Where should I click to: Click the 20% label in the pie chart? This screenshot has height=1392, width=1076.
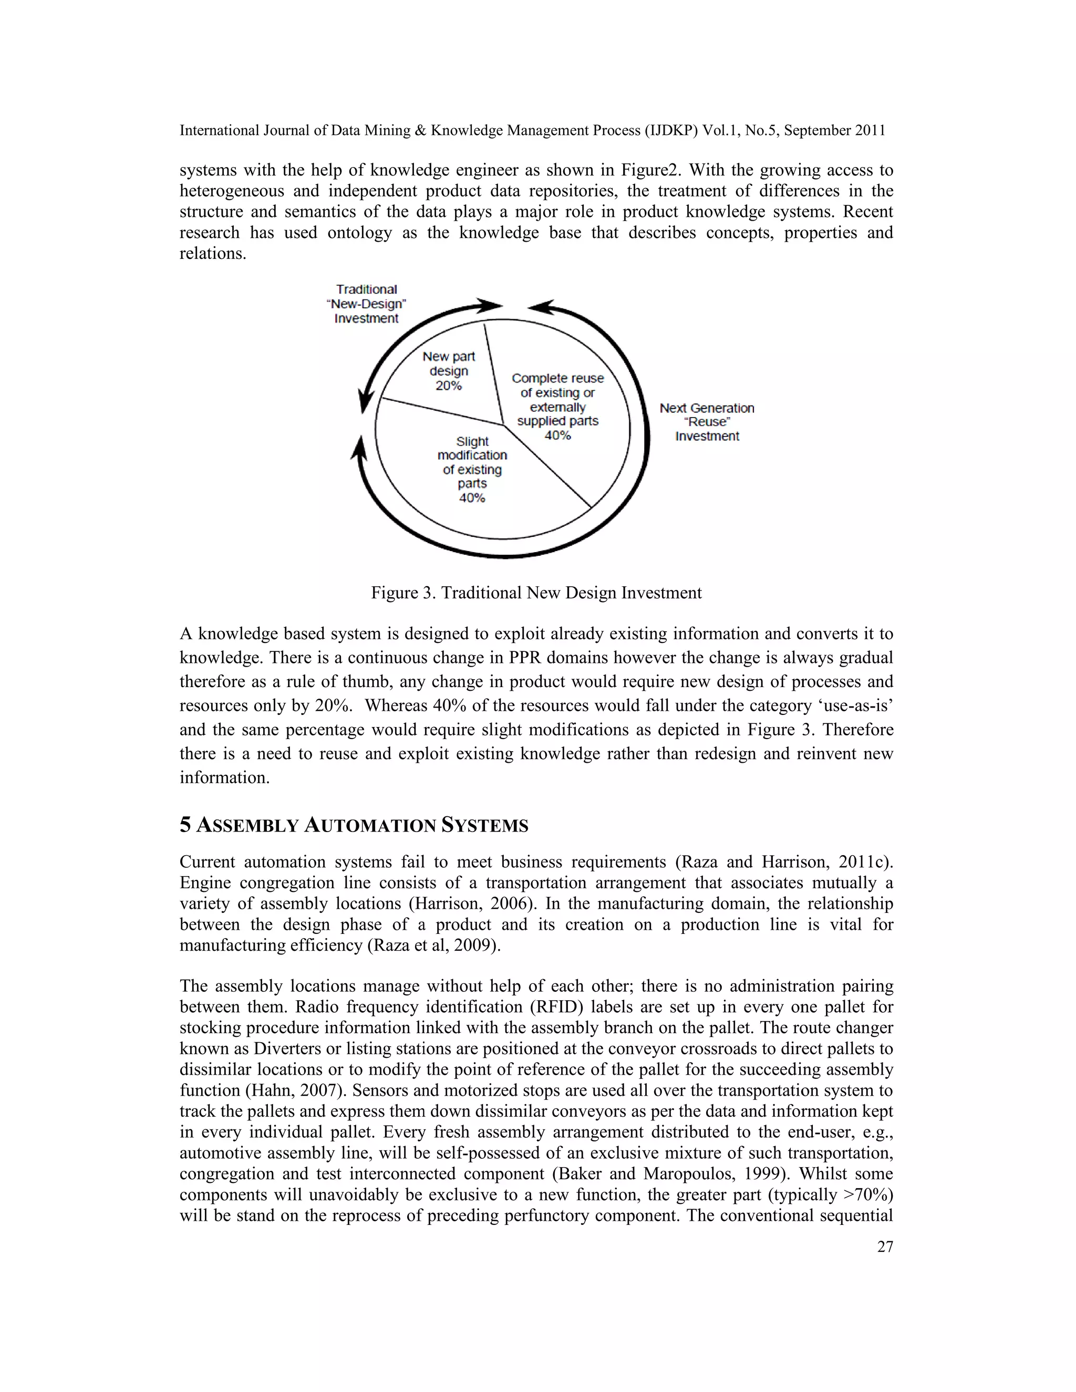[448, 386]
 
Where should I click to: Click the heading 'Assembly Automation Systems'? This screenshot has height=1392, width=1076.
[362, 826]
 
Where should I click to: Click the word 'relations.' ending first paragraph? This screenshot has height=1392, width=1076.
[213, 254]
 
